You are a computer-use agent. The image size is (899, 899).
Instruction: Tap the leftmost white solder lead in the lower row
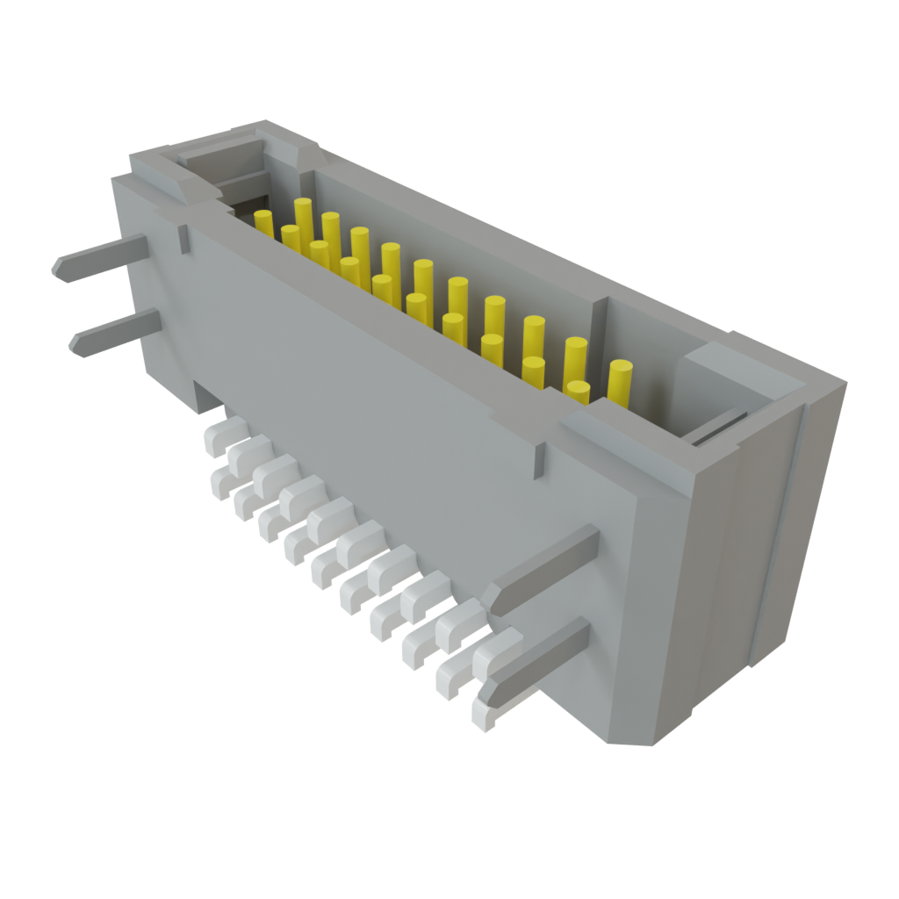[x=219, y=480]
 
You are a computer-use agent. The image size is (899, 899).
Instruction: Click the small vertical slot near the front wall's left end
[x=183, y=239]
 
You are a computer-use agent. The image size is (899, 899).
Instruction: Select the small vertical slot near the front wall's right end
[x=537, y=461]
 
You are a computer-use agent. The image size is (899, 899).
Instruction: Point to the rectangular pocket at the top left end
[x=219, y=162]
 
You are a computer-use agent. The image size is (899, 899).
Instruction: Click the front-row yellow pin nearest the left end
[x=290, y=238]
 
